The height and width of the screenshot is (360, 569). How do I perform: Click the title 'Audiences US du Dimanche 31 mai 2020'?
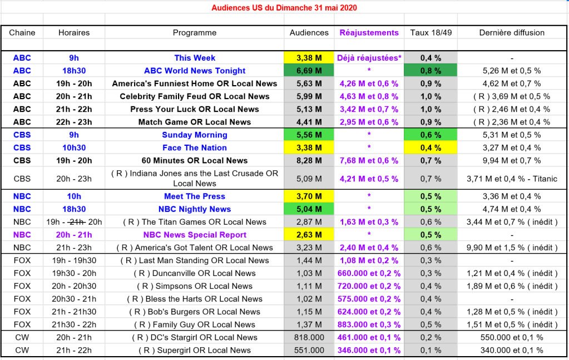point(284,8)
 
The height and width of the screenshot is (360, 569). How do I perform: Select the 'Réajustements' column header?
point(369,32)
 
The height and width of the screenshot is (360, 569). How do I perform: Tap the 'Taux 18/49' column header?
point(431,32)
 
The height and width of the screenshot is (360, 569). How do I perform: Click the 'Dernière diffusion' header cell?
point(512,32)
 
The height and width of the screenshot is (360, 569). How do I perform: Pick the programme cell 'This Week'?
point(195,58)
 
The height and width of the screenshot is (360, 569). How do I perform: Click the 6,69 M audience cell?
point(309,71)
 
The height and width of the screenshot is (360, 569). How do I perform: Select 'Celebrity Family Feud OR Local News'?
point(195,96)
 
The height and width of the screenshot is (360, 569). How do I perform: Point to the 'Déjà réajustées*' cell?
point(369,58)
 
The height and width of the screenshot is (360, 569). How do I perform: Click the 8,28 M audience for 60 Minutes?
point(309,161)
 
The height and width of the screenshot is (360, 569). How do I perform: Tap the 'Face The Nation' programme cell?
point(195,147)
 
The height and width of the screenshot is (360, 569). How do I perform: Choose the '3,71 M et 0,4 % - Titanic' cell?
point(512,179)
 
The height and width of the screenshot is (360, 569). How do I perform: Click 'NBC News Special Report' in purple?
point(195,235)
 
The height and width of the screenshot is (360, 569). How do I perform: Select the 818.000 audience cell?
point(309,337)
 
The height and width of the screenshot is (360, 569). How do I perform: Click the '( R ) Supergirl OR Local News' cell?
point(195,350)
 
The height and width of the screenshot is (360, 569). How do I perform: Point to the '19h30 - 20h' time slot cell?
point(74,273)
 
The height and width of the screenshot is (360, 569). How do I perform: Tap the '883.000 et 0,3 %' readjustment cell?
point(369,324)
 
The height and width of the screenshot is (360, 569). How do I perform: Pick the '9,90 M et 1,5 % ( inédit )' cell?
point(512,248)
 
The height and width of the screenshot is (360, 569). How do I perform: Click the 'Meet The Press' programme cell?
point(195,196)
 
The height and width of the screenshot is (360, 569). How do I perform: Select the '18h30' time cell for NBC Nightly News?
point(74,209)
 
